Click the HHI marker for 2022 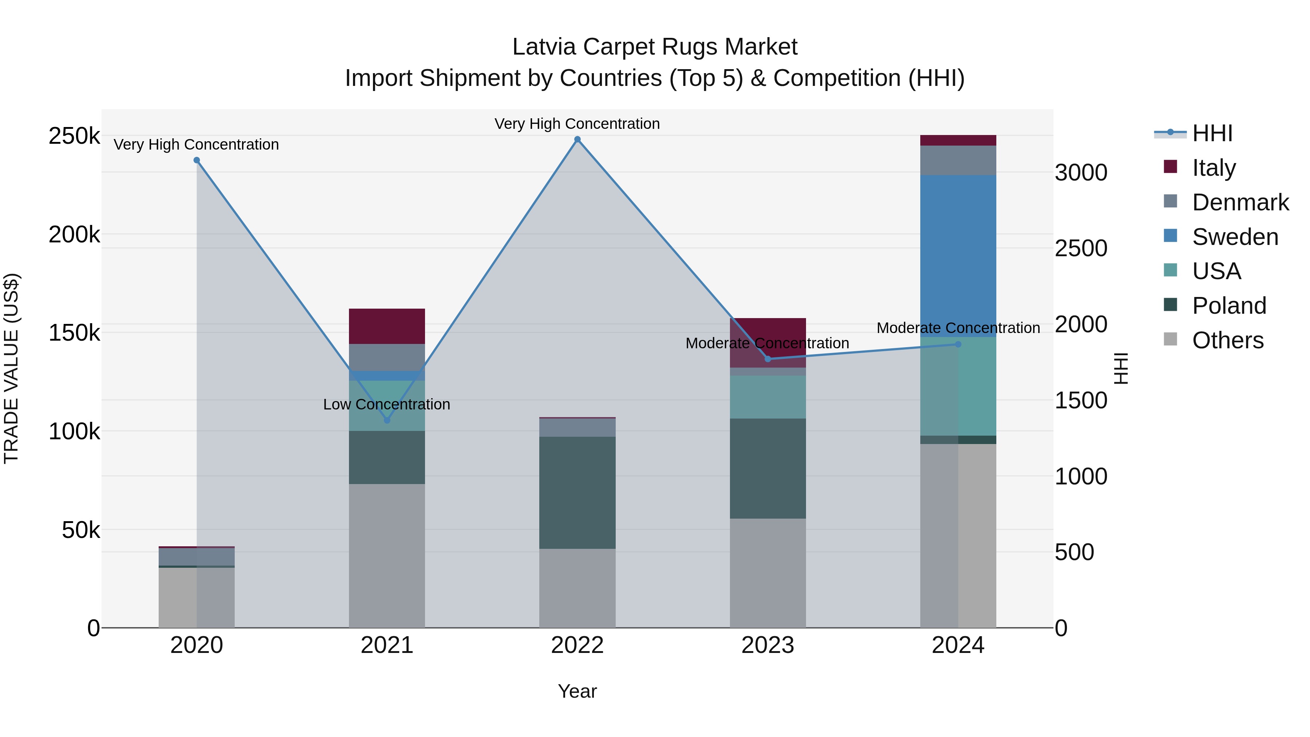pyautogui.click(x=577, y=139)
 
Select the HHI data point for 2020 pyautogui.click(x=197, y=160)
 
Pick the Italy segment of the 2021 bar pyautogui.click(x=387, y=326)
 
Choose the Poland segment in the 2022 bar pyautogui.click(x=577, y=492)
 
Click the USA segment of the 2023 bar pyautogui.click(x=768, y=397)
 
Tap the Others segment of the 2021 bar pyautogui.click(x=387, y=555)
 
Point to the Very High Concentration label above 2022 pyautogui.click(x=577, y=124)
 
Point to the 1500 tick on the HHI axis pyautogui.click(x=1081, y=401)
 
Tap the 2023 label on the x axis pyautogui.click(x=768, y=645)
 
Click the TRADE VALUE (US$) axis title pyautogui.click(x=11, y=368)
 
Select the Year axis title pyautogui.click(x=577, y=691)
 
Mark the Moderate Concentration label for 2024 pyautogui.click(x=958, y=328)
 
